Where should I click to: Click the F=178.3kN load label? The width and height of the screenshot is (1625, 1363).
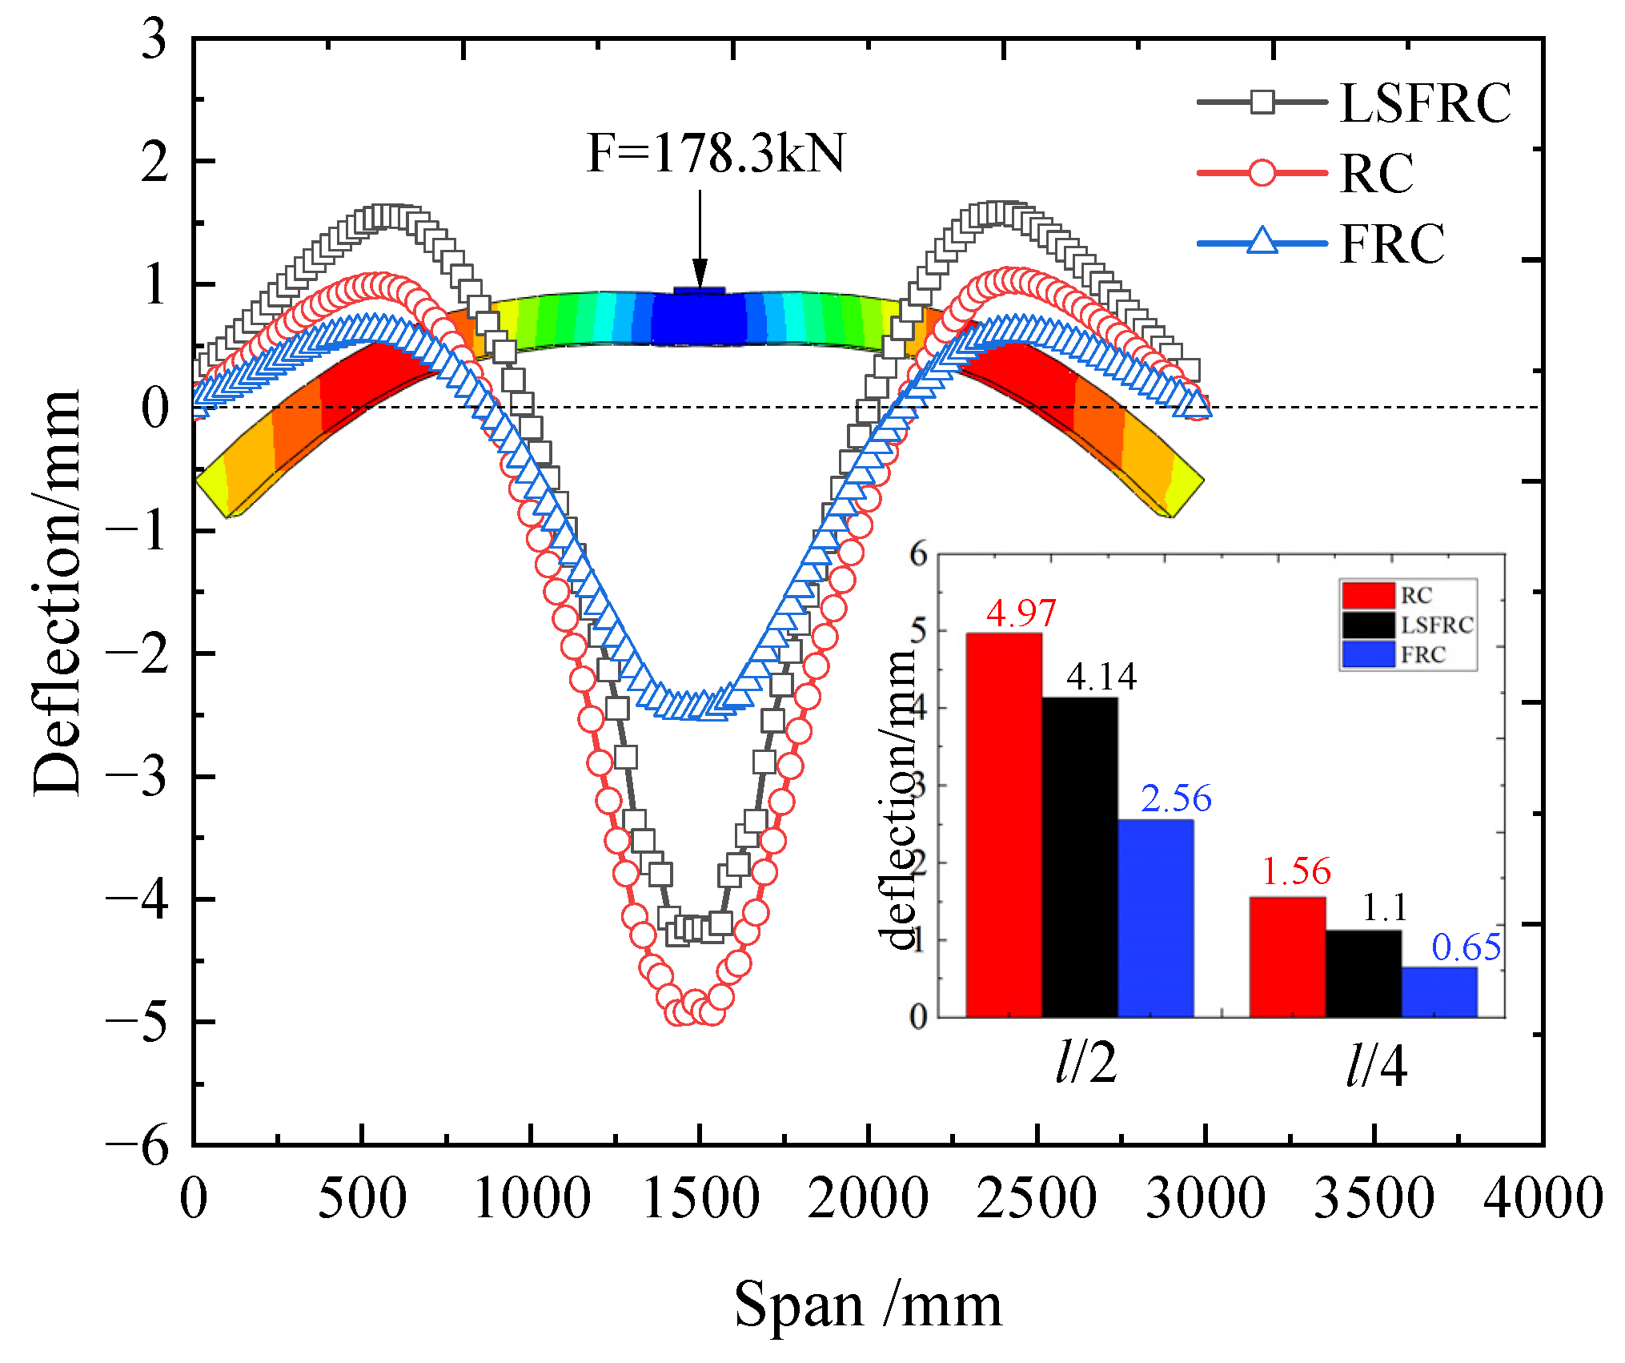coord(716,154)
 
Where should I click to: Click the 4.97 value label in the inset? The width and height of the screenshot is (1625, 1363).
coord(1021,613)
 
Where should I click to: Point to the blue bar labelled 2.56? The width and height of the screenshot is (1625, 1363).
coord(1155,918)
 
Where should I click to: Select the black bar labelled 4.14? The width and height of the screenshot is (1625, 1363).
coord(1080,857)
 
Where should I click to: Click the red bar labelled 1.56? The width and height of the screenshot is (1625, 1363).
coord(1287,957)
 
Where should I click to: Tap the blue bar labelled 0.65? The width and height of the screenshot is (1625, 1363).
coord(1439,992)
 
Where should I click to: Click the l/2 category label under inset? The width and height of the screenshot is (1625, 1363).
coord(1085,1064)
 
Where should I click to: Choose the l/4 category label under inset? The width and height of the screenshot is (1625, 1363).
coord(1375,1066)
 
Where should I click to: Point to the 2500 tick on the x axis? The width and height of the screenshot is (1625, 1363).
coord(1037,1199)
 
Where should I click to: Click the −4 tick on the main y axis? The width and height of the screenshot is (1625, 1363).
coord(138,900)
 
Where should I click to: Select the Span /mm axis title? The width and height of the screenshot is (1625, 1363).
coord(868,1305)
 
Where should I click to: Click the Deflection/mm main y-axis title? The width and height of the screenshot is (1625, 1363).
coord(58,593)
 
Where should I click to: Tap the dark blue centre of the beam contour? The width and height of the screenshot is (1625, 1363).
coord(699,319)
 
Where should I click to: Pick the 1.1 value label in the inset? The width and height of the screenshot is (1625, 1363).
coord(1384,908)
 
